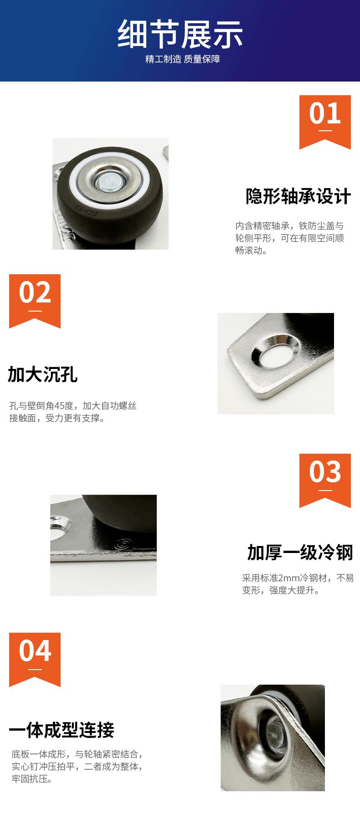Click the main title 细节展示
[x=180, y=34]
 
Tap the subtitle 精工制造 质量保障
[x=183, y=59]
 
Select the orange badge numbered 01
[x=325, y=122]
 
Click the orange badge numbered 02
[x=35, y=301]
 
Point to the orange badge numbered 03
[x=325, y=481]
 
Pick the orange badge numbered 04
[x=35, y=660]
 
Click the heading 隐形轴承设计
[x=298, y=196]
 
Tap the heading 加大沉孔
[x=43, y=374]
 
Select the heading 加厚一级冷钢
[x=300, y=552]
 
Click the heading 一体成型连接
[x=62, y=730]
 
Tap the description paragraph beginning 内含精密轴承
[x=289, y=238]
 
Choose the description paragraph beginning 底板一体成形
[x=77, y=767]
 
